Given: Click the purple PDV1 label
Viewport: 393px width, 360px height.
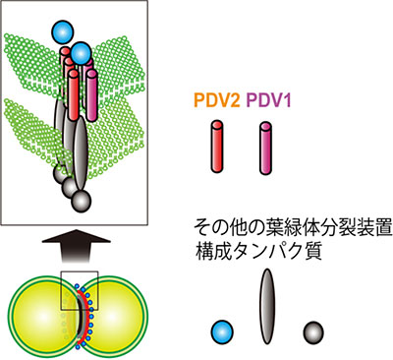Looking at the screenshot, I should (x=267, y=100).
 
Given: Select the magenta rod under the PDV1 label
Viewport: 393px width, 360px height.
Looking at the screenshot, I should (x=264, y=144).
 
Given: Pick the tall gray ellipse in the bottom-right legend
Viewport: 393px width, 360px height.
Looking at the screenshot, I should (x=264, y=309).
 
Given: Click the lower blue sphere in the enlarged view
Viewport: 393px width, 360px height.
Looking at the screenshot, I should (x=82, y=52).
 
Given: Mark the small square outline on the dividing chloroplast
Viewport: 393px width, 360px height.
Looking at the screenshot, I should (x=77, y=290).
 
